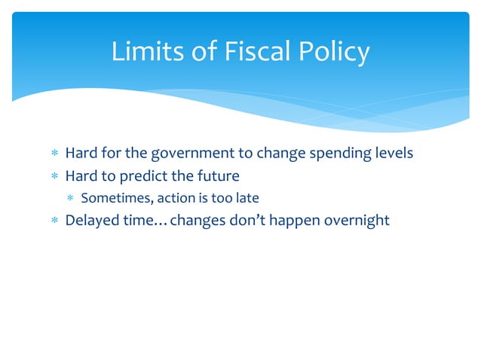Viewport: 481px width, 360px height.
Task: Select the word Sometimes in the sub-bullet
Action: (x=112, y=199)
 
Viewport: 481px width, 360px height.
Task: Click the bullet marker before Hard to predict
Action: (x=54, y=177)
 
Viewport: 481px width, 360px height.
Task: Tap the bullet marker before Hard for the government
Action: (x=54, y=154)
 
